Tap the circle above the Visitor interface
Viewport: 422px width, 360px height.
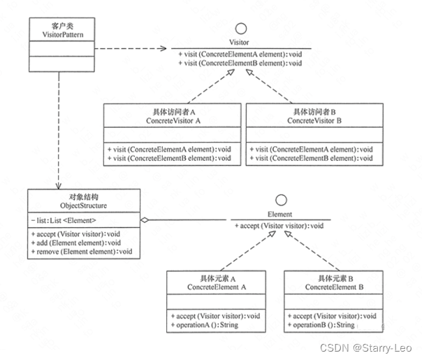(242, 29)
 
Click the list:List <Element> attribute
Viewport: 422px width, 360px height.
(65, 221)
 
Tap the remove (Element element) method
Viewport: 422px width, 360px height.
(81, 252)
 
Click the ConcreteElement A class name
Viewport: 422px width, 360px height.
(217, 287)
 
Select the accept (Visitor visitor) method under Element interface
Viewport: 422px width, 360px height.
(279, 226)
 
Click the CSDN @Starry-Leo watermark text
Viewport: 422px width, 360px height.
(379, 347)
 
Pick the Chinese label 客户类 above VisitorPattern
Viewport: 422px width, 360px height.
(54, 24)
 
